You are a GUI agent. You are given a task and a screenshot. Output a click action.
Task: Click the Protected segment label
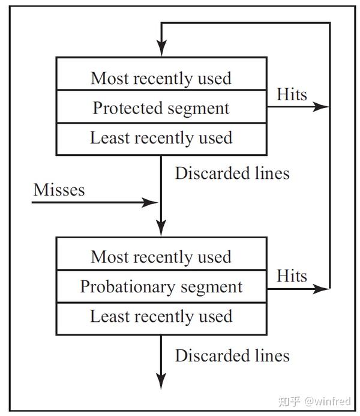tap(161, 108)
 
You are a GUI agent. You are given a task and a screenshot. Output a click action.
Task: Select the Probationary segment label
tap(161, 286)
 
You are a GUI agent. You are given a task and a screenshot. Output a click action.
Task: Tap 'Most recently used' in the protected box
tap(161, 79)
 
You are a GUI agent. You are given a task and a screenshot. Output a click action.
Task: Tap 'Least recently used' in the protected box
tap(161, 137)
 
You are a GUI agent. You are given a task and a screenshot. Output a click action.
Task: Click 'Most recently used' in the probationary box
tap(161, 257)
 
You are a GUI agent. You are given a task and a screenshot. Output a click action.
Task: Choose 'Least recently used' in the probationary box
tap(161, 316)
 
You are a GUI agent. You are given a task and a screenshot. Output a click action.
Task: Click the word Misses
tap(59, 190)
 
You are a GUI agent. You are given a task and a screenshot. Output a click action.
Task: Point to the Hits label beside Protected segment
tap(292, 94)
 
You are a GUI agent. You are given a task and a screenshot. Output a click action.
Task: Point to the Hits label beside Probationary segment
tap(292, 276)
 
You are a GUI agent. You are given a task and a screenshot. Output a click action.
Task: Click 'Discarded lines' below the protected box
tap(232, 173)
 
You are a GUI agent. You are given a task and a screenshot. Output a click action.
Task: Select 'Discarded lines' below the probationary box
tap(232, 355)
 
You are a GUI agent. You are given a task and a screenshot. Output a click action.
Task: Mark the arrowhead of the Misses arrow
tap(153, 202)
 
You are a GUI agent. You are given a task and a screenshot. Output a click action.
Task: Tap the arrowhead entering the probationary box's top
tap(161, 229)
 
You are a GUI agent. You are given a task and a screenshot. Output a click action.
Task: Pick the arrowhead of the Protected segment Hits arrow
tap(323, 107)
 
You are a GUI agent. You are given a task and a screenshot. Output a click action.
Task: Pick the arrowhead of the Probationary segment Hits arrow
tap(323, 289)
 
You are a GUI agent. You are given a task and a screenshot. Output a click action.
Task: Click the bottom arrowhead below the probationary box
tap(161, 381)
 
